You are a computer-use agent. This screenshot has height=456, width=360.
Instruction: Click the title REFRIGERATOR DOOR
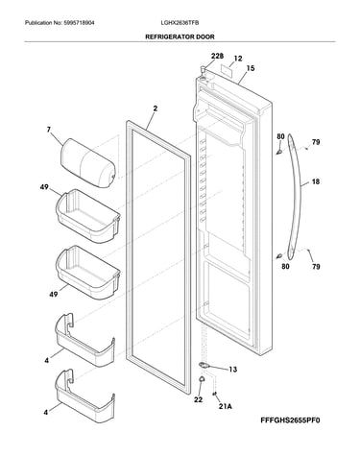coord(180,36)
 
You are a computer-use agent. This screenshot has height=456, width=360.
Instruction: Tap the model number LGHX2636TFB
coord(180,23)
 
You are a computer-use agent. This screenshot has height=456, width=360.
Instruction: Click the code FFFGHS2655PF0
coord(290,420)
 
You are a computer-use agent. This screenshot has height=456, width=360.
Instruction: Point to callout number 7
coord(49,130)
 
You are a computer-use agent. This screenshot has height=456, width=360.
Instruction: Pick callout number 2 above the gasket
coord(156,108)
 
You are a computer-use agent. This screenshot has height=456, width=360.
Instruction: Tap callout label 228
coord(217,56)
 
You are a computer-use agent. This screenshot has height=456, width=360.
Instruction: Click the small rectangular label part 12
coord(227,69)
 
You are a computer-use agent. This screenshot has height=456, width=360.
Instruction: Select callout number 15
coord(251,68)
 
